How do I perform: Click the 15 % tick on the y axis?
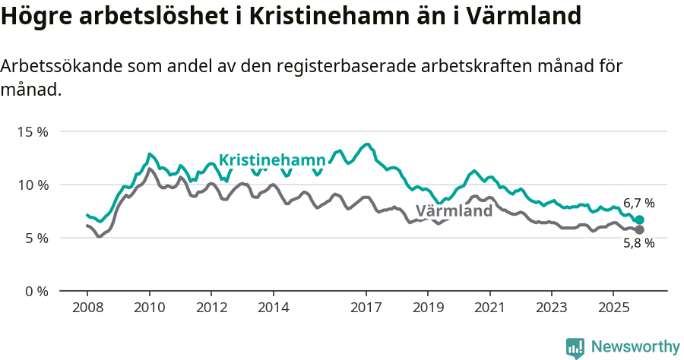point(33,131)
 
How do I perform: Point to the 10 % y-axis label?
point(33,185)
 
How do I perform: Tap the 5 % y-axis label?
point(36,238)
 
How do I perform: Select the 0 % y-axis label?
point(36,291)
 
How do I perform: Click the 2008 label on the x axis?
point(87,308)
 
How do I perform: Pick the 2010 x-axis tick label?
point(150,308)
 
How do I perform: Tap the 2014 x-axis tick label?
point(274,308)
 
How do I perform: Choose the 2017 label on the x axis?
point(366,308)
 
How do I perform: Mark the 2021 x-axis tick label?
point(489,308)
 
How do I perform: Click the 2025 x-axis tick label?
point(613,308)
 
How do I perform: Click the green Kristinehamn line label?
point(272,159)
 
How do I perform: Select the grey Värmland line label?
point(454,211)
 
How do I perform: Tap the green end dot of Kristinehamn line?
point(639,220)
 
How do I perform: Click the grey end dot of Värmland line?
point(639,229)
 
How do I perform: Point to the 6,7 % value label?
point(638,204)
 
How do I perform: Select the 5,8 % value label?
point(638,244)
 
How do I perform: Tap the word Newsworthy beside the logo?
point(635,347)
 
